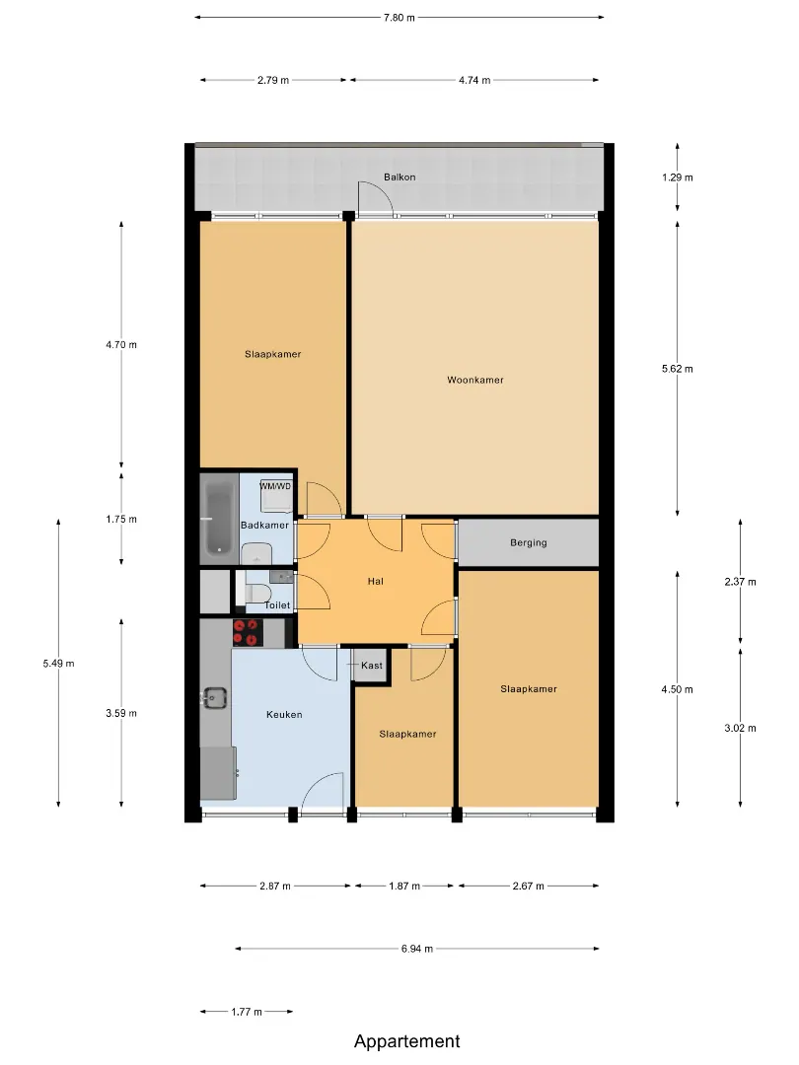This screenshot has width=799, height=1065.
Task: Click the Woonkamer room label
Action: click(474, 380)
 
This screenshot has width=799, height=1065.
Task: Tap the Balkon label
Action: click(399, 177)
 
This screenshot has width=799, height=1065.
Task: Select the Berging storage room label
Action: click(528, 542)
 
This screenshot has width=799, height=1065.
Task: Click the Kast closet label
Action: click(372, 665)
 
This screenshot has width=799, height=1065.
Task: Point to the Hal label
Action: click(375, 581)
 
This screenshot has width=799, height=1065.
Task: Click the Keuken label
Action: click(284, 715)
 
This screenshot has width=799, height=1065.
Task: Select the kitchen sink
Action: click(215, 697)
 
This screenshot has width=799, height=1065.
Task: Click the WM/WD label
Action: click(275, 486)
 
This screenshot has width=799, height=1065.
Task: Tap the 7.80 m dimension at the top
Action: click(399, 18)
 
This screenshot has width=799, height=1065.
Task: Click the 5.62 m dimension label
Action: click(678, 369)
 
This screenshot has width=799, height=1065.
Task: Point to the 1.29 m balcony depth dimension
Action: click(678, 177)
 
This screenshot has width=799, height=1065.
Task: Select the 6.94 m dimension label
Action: click(416, 949)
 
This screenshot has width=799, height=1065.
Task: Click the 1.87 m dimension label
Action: click(404, 886)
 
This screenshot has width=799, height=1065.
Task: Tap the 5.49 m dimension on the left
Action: click(58, 664)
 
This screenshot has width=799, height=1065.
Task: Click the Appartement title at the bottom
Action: click(407, 1041)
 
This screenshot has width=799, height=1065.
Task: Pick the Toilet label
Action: click(277, 605)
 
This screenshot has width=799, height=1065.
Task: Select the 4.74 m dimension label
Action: click(474, 80)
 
